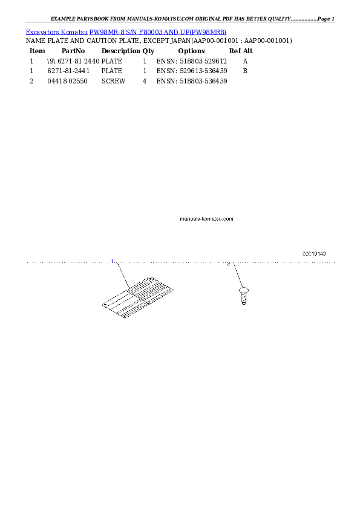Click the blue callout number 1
pos(112,261)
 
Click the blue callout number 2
pos(228,264)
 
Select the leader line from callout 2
pos(236,275)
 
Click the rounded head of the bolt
pos(243,291)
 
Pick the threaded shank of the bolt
pos(243,300)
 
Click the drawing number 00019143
pos(314,254)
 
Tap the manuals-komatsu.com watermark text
pos(206,219)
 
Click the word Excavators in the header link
pos(39,31)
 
